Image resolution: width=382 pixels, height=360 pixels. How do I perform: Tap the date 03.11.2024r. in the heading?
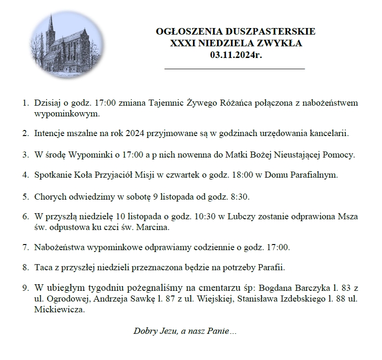pyautogui.click(x=235, y=55)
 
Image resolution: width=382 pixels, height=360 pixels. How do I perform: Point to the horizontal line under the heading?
pyautogui.click(x=235, y=69)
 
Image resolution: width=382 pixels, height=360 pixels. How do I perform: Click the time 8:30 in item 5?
pyautogui.click(x=240, y=196)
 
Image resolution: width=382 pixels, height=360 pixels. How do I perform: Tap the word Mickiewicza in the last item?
pyautogui.click(x=59, y=310)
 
